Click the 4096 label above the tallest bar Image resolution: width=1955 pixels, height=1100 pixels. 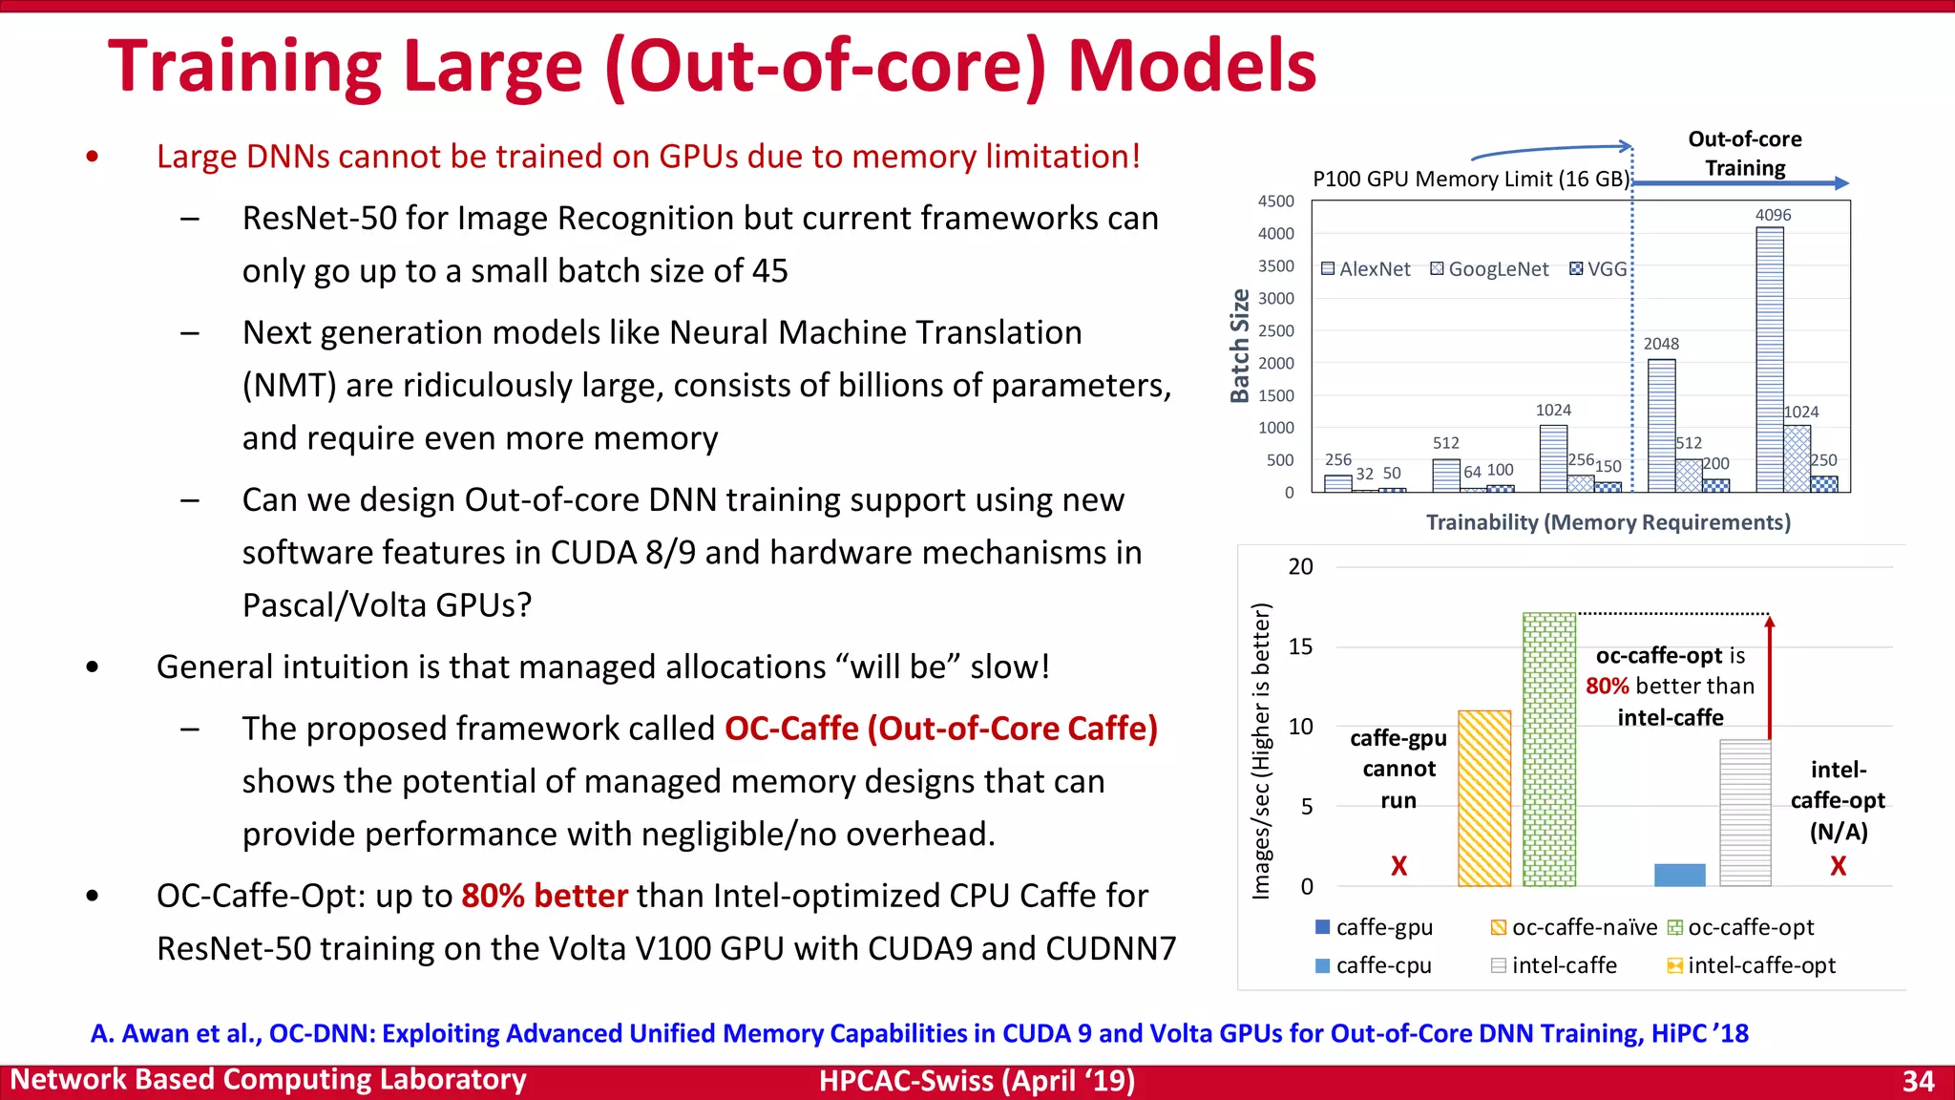point(1773,215)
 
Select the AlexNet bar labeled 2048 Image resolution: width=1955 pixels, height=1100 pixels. point(1661,425)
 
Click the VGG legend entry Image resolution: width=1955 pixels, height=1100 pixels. point(1599,269)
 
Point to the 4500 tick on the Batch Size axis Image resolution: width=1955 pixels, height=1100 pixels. point(1275,201)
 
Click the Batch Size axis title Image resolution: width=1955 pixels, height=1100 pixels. point(1239,346)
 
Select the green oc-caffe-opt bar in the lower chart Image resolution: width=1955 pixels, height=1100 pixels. point(1548,750)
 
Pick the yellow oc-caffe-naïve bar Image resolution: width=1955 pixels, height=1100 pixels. point(1484,798)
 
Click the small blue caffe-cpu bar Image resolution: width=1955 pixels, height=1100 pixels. point(1679,875)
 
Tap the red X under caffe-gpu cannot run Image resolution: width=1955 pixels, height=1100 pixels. point(1398,866)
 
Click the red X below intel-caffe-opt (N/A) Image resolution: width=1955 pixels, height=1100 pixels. point(1838,866)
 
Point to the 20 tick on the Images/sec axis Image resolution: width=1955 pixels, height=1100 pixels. point(1300,567)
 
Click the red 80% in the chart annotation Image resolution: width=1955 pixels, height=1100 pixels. point(1607,687)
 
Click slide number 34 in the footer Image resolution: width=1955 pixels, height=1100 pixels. point(1918,1081)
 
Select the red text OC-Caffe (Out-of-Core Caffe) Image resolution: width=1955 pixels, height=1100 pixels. point(940,729)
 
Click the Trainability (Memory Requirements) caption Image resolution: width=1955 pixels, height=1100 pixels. point(1608,522)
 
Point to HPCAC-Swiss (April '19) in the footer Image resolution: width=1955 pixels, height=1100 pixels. point(977,1081)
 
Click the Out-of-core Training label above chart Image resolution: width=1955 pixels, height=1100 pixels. point(1744,154)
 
